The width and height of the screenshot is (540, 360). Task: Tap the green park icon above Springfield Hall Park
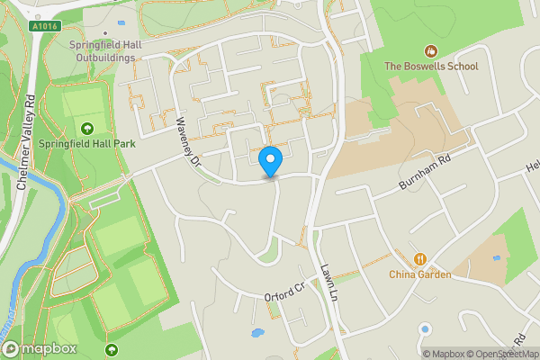(x=87, y=128)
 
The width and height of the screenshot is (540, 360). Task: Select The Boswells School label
(x=431, y=66)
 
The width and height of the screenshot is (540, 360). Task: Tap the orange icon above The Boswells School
(x=431, y=49)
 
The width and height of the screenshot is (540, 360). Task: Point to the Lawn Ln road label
(x=329, y=283)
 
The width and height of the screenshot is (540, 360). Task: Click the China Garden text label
(x=419, y=274)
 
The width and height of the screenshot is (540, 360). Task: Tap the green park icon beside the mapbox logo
(x=112, y=348)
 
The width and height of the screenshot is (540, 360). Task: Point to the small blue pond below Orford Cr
(x=258, y=333)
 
